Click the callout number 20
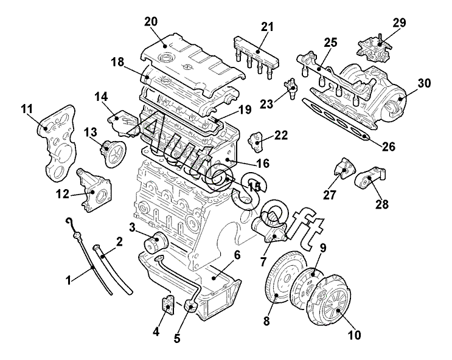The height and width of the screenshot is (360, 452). click(x=151, y=22)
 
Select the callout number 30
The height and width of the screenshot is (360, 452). click(x=424, y=83)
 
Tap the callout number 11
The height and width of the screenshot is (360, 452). click(x=27, y=109)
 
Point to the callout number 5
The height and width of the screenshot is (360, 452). click(x=177, y=338)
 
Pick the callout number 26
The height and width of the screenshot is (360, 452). click(x=388, y=147)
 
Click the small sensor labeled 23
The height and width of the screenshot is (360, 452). click(x=291, y=88)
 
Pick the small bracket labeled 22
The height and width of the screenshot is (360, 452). click(x=256, y=142)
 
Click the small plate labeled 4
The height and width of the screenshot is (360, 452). click(x=167, y=303)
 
